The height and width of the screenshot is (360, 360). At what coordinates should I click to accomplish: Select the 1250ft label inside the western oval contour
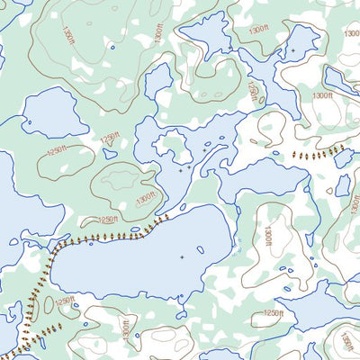(57, 150)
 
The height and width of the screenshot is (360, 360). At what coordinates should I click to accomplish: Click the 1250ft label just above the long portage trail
(107, 220)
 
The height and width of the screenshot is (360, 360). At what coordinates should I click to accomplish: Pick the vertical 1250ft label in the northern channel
(252, 91)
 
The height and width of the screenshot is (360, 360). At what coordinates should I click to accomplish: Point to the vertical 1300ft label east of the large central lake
(267, 237)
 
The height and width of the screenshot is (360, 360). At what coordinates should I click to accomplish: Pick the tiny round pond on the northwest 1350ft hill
(112, 47)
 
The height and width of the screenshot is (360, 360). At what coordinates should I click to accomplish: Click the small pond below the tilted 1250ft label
(110, 154)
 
